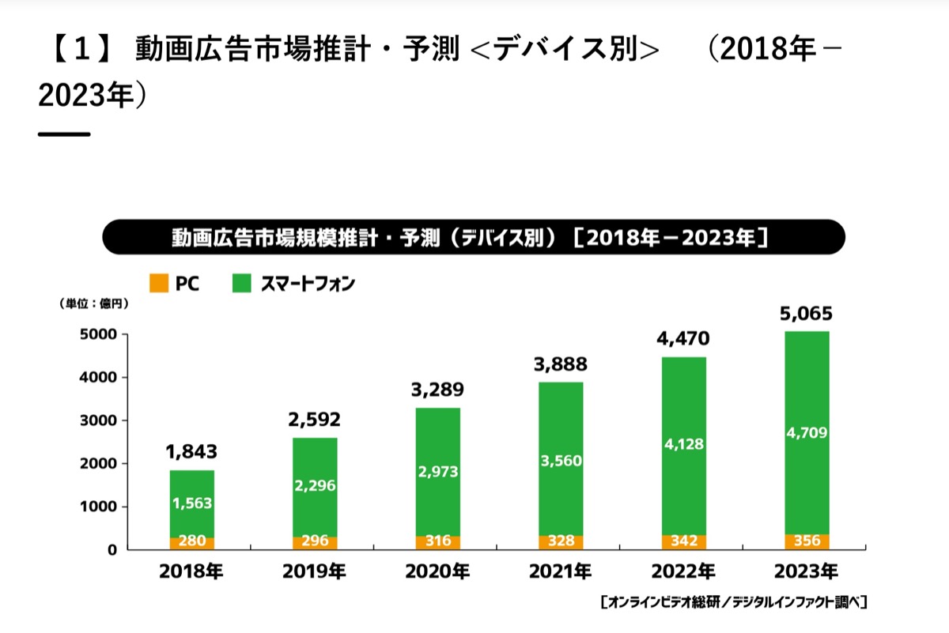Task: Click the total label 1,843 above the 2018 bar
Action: point(191,452)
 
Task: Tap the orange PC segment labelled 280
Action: point(192,544)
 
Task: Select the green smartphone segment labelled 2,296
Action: point(315,488)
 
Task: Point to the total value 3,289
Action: point(437,390)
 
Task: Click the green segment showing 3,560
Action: point(561,459)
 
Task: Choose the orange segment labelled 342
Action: point(684,542)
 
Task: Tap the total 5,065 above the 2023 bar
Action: point(806,314)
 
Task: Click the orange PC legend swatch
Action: point(159,283)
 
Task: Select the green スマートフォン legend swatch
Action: point(241,283)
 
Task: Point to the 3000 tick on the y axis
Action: point(98,420)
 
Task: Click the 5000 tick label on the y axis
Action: point(98,334)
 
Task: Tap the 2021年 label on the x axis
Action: point(561,571)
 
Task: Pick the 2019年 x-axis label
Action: point(315,571)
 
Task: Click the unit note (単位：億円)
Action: point(93,303)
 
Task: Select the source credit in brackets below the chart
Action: point(734,602)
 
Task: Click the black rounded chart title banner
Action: point(474,237)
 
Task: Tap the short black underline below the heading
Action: point(64,134)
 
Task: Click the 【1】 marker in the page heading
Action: point(82,49)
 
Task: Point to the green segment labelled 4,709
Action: point(807,433)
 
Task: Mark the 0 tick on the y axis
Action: point(112,550)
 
